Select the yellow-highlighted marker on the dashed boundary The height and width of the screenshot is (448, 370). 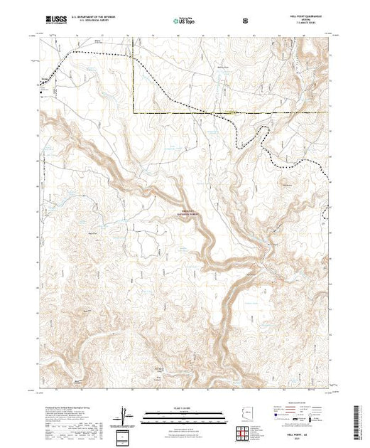pyautogui.click(x=232, y=112)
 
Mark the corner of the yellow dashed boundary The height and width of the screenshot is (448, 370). pyautogui.click(x=134, y=112)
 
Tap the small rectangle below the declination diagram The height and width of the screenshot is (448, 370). pyautogui.click(x=124, y=435)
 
